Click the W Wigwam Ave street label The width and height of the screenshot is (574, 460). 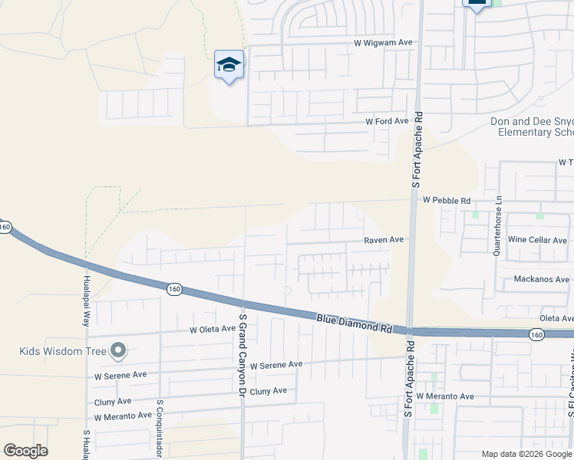click(383, 44)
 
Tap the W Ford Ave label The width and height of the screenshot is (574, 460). click(387, 122)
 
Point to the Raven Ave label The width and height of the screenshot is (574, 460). click(383, 240)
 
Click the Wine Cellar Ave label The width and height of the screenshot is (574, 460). click(537, 240)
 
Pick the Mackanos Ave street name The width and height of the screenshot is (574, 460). click(542, 279)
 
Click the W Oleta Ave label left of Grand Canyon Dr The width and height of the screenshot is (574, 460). click(213, 329)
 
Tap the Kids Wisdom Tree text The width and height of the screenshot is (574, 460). click(64, 352)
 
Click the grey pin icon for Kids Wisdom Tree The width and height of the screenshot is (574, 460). click(117, 351)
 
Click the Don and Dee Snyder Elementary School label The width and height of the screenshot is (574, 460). click(532, 127)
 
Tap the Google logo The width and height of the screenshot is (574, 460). click(25, 451)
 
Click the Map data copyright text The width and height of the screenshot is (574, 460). click(526, 454)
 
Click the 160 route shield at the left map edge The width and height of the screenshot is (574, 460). click(5, 227)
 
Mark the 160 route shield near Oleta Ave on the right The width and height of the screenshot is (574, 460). click(536, 334)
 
